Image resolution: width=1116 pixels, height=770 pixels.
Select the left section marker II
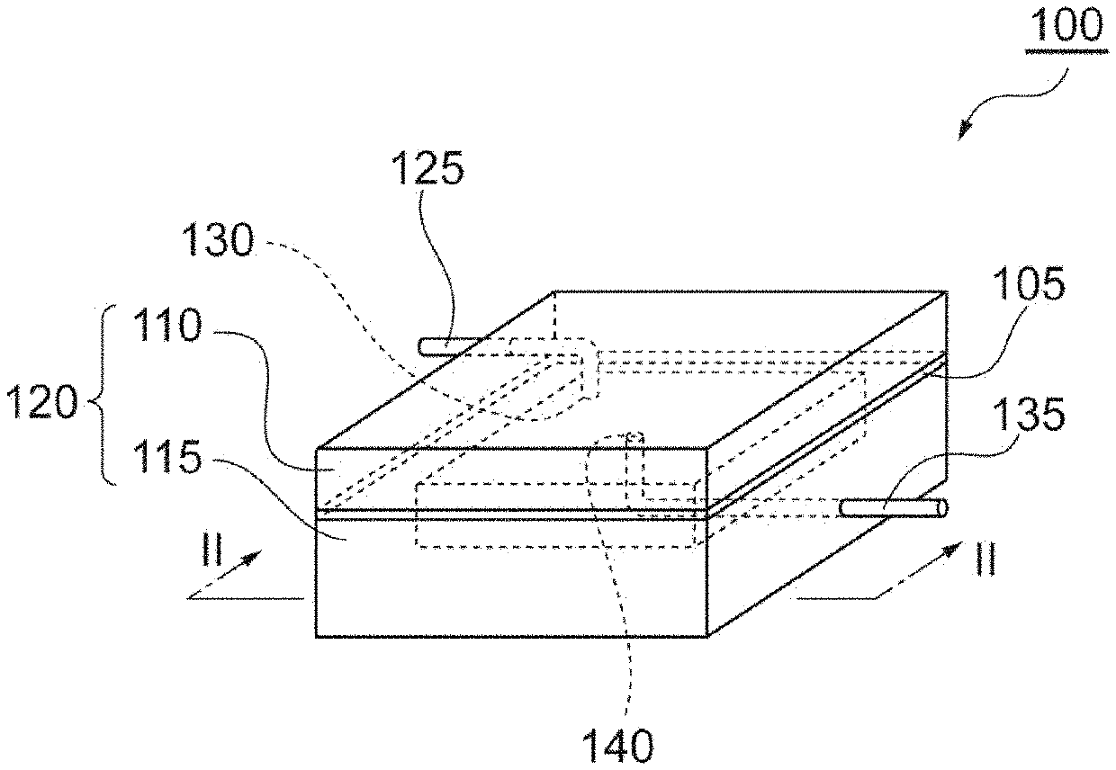point(212,549)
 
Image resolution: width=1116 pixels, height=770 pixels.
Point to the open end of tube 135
point(943,508)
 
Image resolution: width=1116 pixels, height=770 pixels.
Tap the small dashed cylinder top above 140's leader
point(634,438)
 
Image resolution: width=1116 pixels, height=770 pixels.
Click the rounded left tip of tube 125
point(422,346)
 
